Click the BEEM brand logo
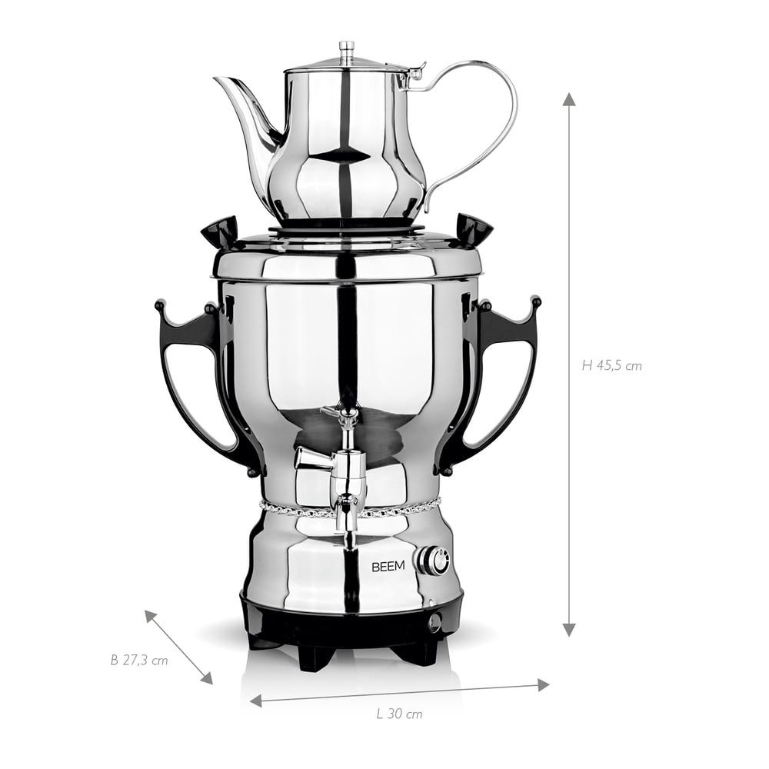pos(388,567)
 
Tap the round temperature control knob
pos(434,561)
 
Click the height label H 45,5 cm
pos(611,365)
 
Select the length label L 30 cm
pos(399,714)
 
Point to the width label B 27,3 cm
pos(138,660)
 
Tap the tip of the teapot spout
pos(216,78)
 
